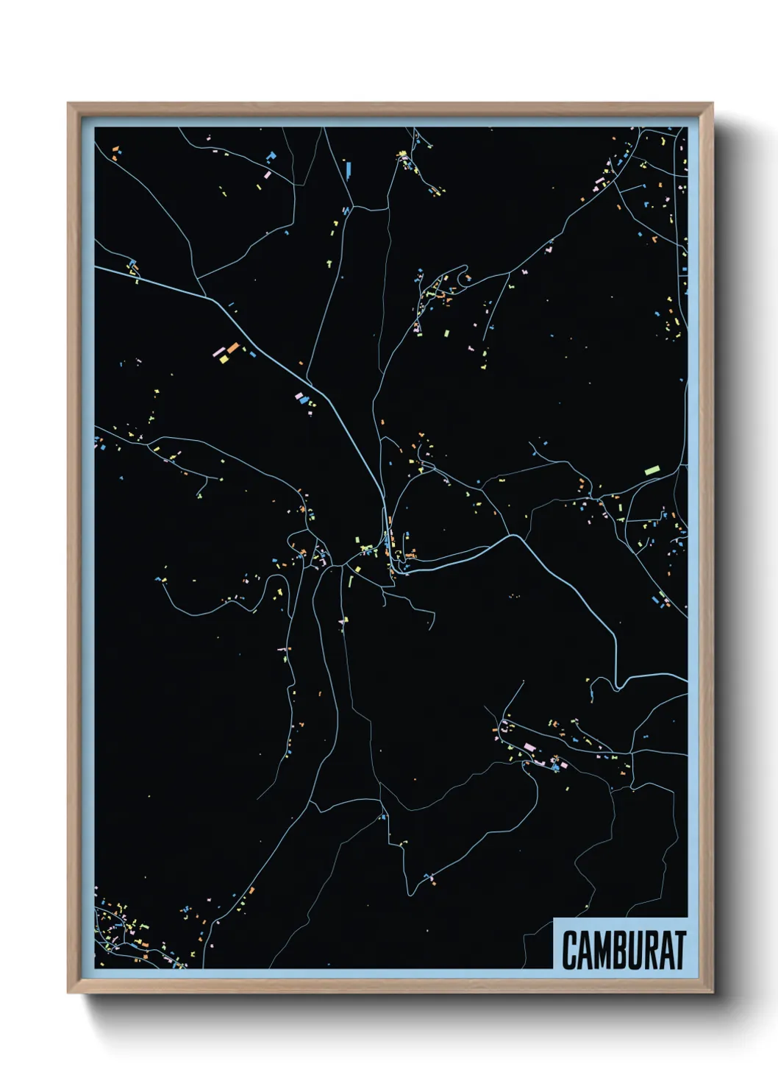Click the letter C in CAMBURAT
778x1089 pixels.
[571, 950]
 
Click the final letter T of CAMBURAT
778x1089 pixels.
[680, 950]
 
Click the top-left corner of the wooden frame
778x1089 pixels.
[68, 104]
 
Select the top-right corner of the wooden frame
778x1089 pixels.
[712, 104]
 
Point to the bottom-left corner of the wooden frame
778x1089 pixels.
[68, 992]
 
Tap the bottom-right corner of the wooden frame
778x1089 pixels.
[712, 992]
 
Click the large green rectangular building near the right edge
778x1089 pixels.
[652, 469]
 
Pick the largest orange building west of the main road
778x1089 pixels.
[232, 347]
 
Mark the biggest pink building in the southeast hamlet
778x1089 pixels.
[529, 748]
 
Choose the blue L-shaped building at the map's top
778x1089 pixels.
[271, 157]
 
